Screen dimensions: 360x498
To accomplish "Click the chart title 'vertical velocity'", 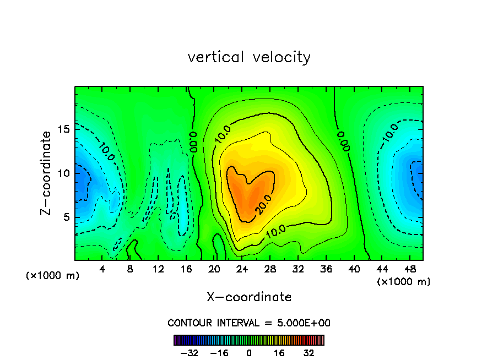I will [249, 57].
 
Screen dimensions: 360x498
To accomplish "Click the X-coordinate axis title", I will [249, 297].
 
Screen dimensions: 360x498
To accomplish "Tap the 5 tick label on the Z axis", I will [65, 217].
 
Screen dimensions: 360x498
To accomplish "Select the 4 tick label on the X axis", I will [102, 270].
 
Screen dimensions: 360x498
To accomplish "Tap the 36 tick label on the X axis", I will [326, 270].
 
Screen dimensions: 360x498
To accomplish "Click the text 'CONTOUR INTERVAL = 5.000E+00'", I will [249, 323].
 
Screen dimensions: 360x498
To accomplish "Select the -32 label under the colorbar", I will [189, 353].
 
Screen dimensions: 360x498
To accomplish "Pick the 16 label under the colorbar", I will [279, 353].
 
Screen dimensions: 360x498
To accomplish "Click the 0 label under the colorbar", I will [249, 353].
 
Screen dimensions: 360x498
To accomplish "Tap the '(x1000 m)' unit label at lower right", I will [403, 281].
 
